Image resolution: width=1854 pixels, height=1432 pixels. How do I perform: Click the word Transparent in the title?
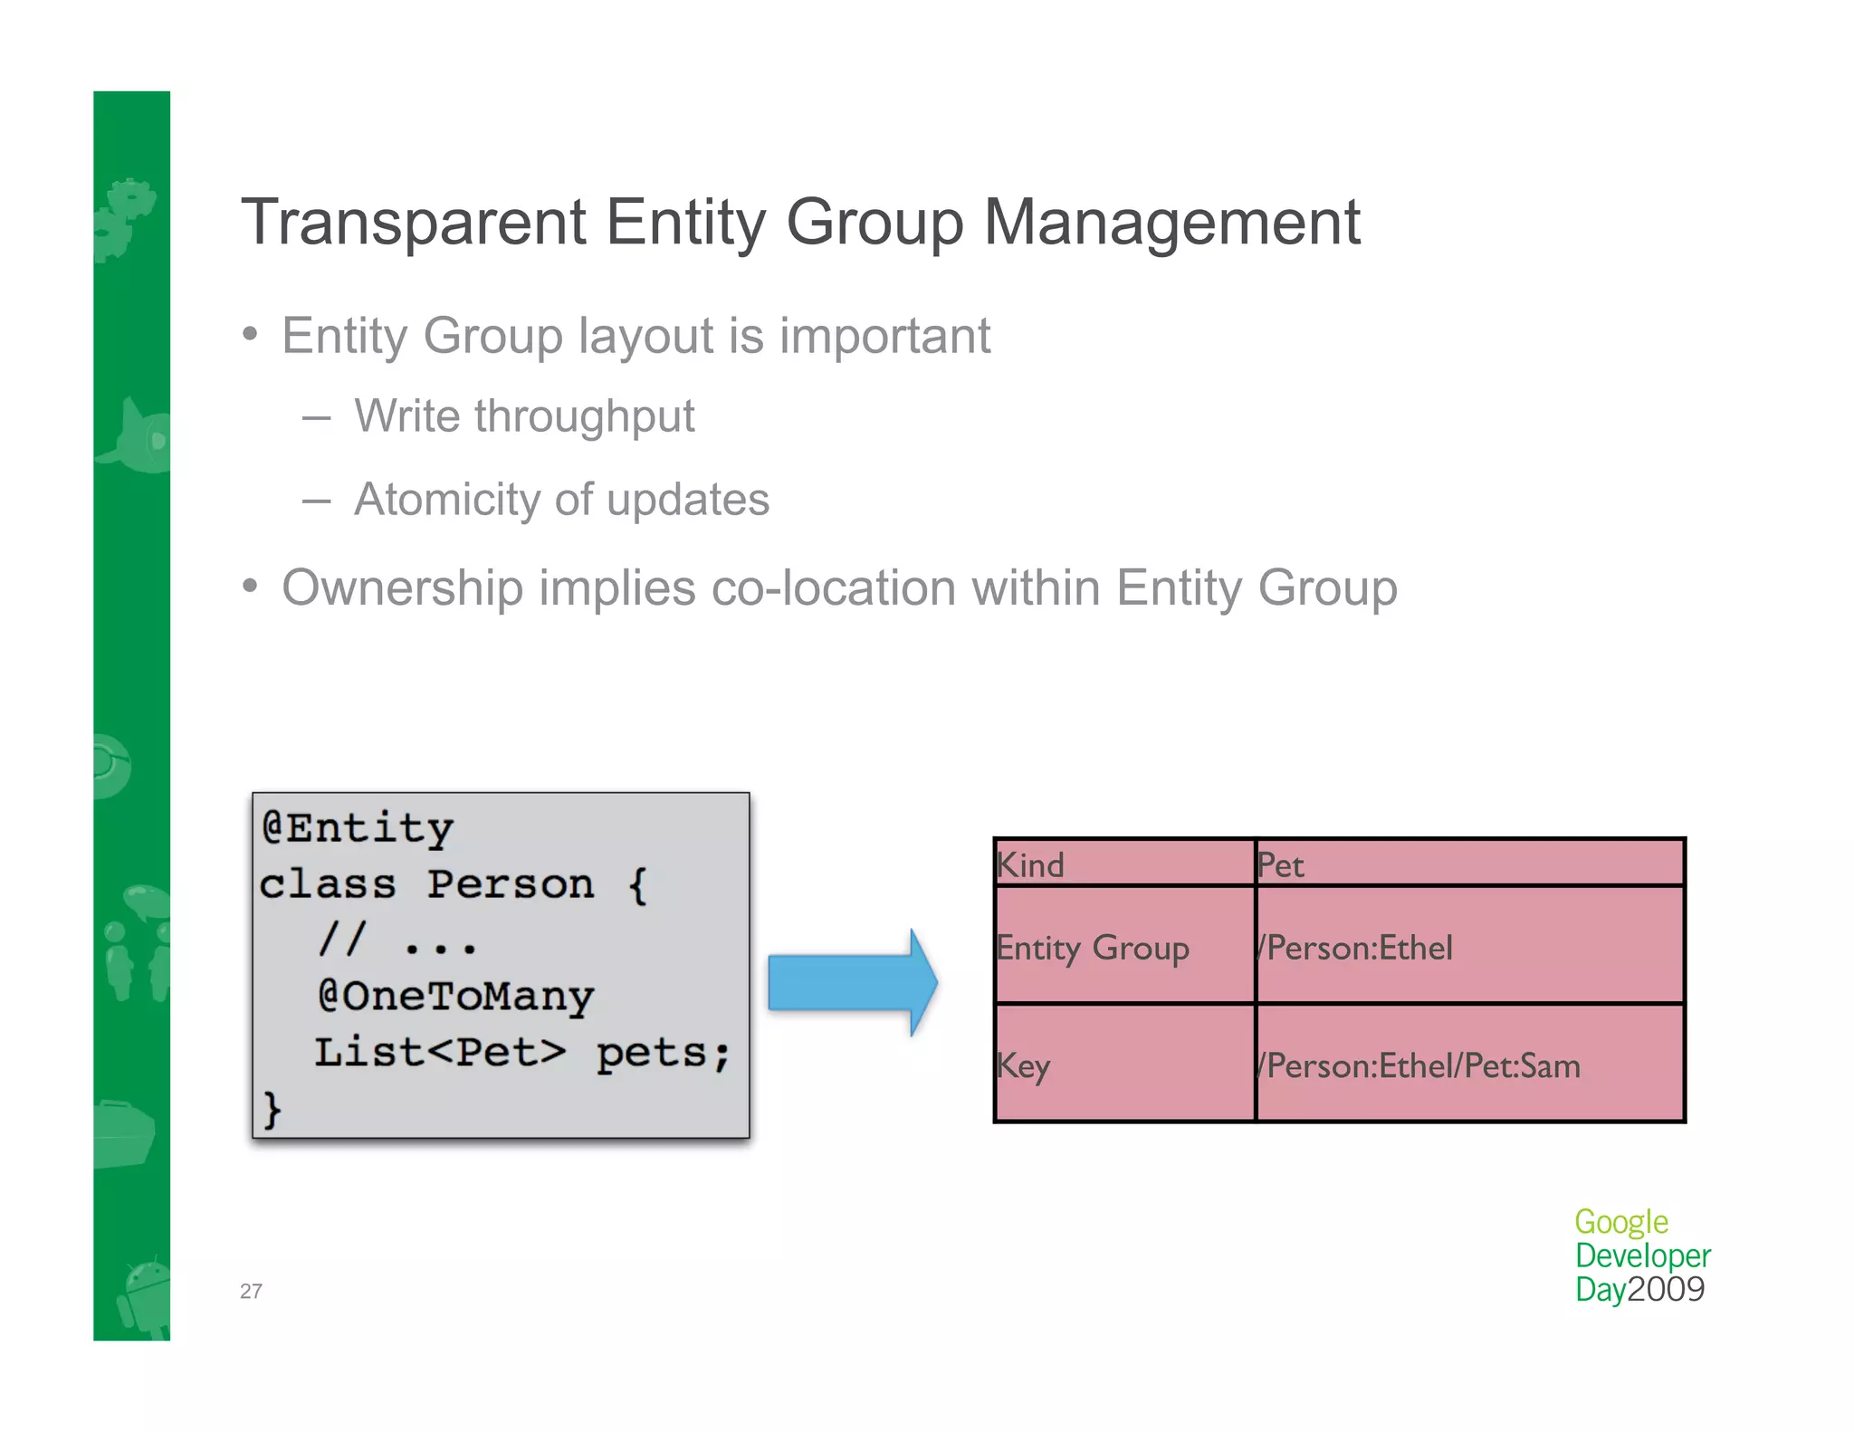click(414, 224)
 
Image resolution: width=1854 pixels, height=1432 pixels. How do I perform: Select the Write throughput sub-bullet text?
click(523, 417)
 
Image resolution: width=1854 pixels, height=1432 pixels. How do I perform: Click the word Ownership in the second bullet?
click(402, 588)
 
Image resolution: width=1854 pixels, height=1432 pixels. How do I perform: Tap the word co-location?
click(833, 588)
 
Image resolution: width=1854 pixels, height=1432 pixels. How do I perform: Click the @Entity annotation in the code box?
click(358, 827)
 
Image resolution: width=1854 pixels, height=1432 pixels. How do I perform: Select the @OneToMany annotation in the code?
click(455, 996)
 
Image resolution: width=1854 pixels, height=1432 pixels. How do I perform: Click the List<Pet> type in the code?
click(440, 1053)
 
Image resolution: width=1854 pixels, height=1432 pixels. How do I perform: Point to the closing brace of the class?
click(272, 1109)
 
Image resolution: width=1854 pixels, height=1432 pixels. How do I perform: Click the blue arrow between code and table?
click(851, 982)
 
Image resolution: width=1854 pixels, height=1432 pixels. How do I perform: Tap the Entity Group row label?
click(1093, 948)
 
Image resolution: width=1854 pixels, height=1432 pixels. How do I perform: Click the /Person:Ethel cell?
click(1355, 948)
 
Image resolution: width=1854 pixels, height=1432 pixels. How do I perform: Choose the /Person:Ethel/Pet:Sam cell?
click(1419, 1065)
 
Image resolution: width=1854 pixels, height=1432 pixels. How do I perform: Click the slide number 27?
click(251, 1292)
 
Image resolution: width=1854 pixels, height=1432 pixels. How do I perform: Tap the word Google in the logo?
click(1620, 1222)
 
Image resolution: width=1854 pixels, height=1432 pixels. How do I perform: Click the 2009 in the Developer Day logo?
click(1666, 1289)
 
